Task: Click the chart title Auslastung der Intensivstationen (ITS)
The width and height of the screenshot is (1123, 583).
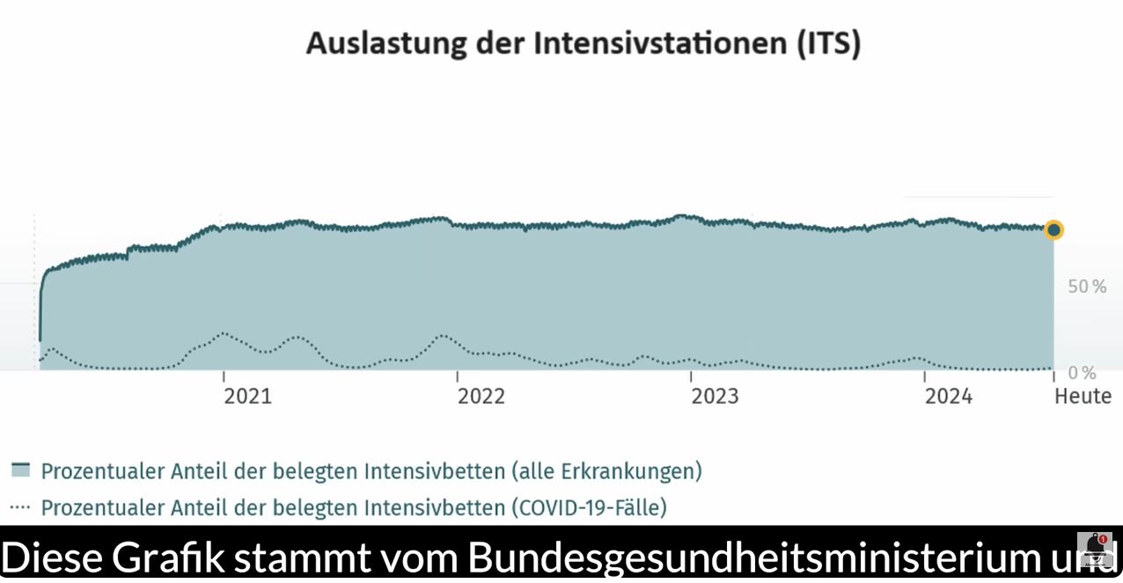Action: pos(583,43)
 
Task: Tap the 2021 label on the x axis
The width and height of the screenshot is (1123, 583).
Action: pos(248,397)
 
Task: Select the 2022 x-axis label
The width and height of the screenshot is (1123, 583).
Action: pos(481,397)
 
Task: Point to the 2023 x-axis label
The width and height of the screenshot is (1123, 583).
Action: pos(715,397)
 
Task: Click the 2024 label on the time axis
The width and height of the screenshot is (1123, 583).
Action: pos(949,397)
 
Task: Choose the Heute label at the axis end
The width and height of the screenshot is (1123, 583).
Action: pos(1083,397)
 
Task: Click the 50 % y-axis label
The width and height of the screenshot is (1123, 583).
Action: pos(1087,287)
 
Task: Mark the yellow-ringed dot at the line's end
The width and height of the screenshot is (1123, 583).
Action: pos(1053,230)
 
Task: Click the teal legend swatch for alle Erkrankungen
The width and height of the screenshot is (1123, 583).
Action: pos(20,470)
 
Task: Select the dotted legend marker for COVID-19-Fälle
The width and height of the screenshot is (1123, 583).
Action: pos(20,507)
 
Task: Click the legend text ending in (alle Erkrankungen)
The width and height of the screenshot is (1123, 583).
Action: pos(371,471)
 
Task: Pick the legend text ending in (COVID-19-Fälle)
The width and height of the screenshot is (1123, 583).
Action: pos(354,508)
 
